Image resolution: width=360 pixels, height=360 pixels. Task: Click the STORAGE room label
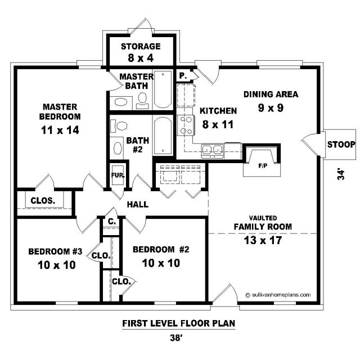[x=141, y=47]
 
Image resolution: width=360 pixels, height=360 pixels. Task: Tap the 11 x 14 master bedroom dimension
[x=60, y=130]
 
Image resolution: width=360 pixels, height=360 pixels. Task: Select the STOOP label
[x=341, y=145]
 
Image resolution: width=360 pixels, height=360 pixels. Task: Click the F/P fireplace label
[x=263, y=165]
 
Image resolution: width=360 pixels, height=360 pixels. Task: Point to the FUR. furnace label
[x=118, y=175]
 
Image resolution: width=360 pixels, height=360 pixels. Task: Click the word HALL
[x=138, y=204]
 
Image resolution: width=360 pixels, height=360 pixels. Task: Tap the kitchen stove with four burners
[x=186, y=125]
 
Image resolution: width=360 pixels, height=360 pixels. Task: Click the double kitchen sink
[x=213, y=151]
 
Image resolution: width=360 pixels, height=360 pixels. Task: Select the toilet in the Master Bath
[x=142, y=101]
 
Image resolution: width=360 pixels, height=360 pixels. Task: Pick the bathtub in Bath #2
[x=163, y=136]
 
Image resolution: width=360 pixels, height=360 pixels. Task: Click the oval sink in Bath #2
[x=118, y=148]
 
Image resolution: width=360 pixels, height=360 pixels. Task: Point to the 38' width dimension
[x=177, y=338]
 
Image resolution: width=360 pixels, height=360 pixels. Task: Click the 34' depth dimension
[x=341, y=175]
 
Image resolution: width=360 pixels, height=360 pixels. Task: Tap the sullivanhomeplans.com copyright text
[x=278, y=295]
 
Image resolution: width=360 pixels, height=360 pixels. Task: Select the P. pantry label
[x=183, y=76]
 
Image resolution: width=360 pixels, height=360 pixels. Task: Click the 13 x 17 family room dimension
[x=263, y=240]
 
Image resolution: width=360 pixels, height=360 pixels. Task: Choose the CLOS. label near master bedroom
[x=43, y=201]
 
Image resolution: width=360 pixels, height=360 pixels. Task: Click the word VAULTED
[x=263, y=218]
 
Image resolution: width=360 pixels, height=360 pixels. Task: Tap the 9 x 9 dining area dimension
[x=271, y=108]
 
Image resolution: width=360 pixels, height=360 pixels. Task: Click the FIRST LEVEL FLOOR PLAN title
[x=179, y=323]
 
